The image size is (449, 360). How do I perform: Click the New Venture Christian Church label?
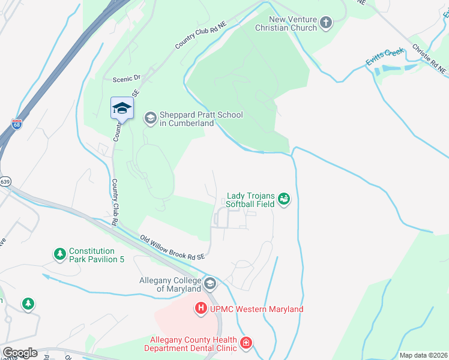pos(285,23)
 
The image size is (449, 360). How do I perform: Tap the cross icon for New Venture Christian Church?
pos(326,23)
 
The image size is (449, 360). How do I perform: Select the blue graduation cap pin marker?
pos(122,108)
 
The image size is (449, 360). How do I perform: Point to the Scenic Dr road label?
pos(126,79)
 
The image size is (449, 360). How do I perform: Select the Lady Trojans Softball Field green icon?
pos(285,198)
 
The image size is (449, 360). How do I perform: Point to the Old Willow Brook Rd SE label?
pos(173,248)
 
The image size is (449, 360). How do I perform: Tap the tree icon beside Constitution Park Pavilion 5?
pos(59,254)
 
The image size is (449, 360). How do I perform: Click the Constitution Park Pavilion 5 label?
pos(91,256)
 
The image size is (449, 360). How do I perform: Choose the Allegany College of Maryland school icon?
pos(209,283)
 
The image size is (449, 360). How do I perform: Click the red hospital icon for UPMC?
pos(200,309)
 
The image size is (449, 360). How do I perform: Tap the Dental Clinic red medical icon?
pos(246,343)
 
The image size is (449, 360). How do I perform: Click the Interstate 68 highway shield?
pos(16,124)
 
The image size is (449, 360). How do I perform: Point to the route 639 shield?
pos(5,181)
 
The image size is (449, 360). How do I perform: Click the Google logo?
pos(19,353)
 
